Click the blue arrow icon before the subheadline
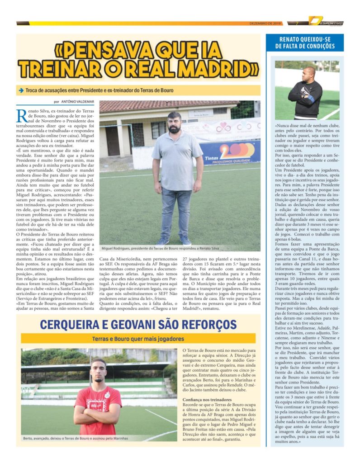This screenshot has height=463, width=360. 21,90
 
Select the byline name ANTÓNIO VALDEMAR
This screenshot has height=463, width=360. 77,102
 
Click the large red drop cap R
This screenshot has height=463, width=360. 21,115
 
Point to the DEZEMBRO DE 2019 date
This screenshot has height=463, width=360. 265,23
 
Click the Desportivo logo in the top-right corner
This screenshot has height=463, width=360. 327,21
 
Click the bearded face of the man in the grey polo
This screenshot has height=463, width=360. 175,123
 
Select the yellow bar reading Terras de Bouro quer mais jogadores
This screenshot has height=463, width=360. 138,339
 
